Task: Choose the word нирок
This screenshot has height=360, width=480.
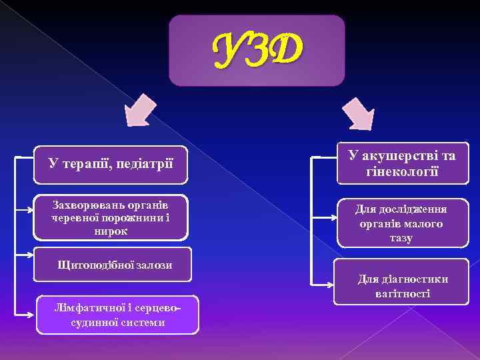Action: pos(111,231)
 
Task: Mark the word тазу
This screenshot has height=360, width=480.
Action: pos(401,238)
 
